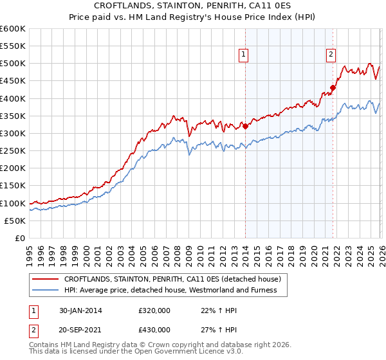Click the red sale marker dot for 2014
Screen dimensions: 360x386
click(x=245, y=126)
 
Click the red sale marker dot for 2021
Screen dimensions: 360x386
click(x=333, y=88)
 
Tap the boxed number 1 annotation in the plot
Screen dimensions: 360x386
click(x=244, y=55)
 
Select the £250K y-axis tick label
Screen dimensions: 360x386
click(x=13, y=151)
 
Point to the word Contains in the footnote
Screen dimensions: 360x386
click(x=44, y=346)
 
